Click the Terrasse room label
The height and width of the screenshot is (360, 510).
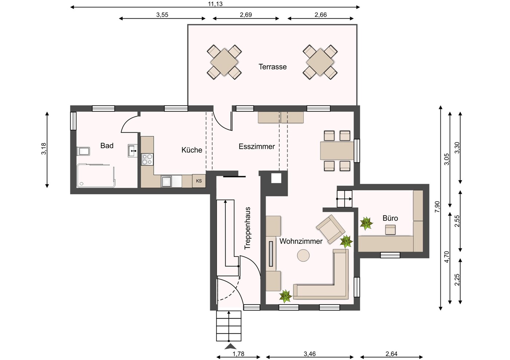(272, 67)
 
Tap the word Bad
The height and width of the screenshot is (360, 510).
(107, 146)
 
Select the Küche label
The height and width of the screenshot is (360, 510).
(192, 150)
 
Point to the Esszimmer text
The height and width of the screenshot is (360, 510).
(257, 146)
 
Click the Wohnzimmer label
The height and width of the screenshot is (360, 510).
(301, 241)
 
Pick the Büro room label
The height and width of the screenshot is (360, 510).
(390, 218)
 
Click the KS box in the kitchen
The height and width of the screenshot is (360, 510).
(199, 181)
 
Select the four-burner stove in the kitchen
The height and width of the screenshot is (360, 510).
(147, 159)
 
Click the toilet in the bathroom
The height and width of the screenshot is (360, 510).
(83, 151)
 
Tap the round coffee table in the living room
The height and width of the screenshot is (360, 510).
(303, 255)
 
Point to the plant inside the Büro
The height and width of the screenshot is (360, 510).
(366, 223)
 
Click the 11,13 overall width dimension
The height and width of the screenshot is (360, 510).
(215, 4)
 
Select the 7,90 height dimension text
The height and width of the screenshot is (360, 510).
(437, 207)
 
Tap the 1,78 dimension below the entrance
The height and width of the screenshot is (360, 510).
(238, 354)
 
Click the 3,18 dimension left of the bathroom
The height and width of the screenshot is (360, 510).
(43, 149)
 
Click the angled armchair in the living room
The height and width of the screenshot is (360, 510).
(330, 229)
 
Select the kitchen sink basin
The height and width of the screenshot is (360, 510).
(167, 181)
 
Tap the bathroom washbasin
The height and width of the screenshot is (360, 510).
(132, 150)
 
